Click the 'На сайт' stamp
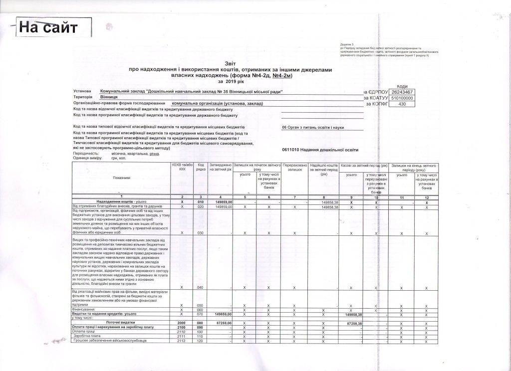pyautogui.click(x=48, y=27)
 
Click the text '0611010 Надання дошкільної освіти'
pyautogui.click(x=319, y=150)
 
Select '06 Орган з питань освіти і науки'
pyautogui.click(x=313, y=127)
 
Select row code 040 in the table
pyautogui.click(x=201, y=288)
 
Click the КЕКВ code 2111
pyautogui.click(x=181, y=336)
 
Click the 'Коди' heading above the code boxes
pyautogui.click(x=401, y=86)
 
